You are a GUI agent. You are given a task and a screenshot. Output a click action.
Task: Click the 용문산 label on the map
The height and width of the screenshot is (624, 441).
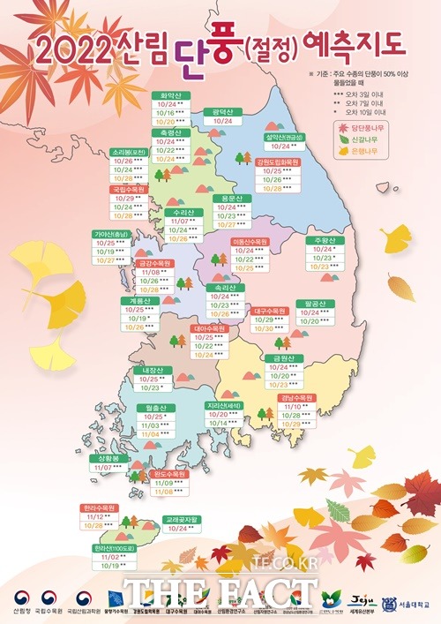[x=232, y=199]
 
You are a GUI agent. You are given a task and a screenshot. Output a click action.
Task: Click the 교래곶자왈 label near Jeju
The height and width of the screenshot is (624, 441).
[x=183, y=519]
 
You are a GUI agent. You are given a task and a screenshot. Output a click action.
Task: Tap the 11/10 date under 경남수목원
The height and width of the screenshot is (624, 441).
[x=295, y=406]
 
